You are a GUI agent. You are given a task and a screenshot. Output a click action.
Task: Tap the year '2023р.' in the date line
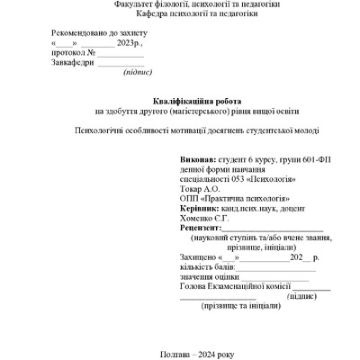pyautogui.click(x=130, y=42)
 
